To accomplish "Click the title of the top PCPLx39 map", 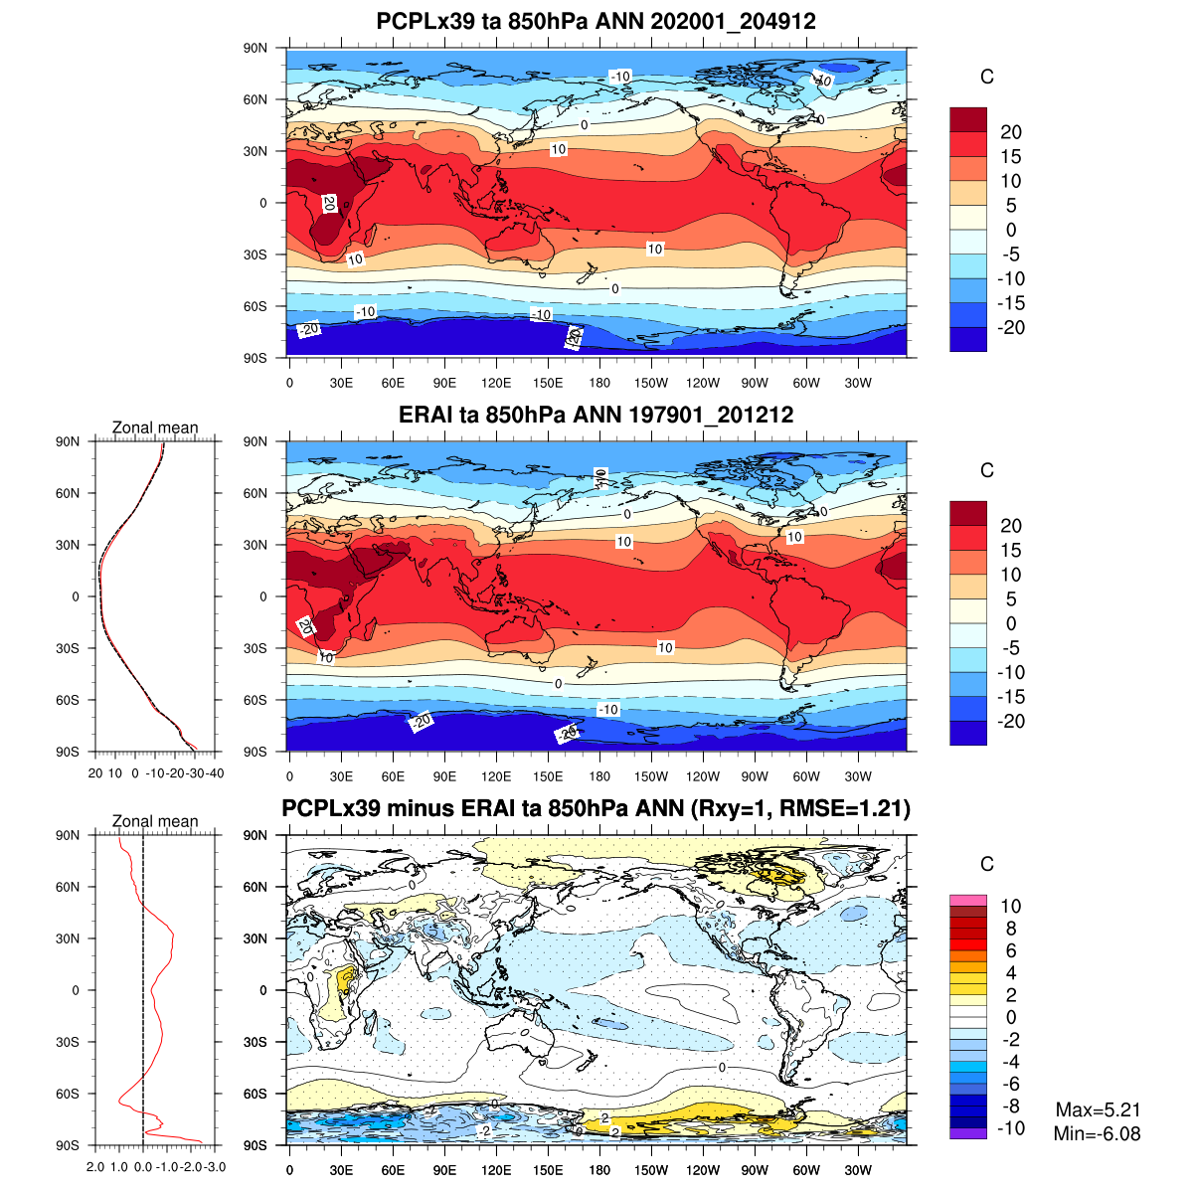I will pyautogui.click(x=596, y=21).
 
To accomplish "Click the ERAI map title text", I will pyautogui.click(x=596, y=415).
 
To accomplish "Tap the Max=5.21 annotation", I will pyautogui.click(x=1098, y=1110).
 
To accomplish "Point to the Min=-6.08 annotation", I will pyautogui.click(x=1097, y=1134).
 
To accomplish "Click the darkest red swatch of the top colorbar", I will pyautogui.click(x=968, y=119).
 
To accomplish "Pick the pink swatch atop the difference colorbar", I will pyautogui.click(x=968, y=900).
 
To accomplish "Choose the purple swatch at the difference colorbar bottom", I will pyautogui.click(x=968, y=1133).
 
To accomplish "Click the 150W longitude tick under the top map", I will pyautogui.click(x=651, y=384).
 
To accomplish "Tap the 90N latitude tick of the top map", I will pyautogui.click(x=256, y=48).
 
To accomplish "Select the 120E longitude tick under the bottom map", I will pyautogui.click(x=496, y=1171).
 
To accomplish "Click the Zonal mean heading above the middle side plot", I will pyautogui.click(x=155, y=428).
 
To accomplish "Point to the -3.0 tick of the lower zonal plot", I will pyautogui.click(x=215, y=1167).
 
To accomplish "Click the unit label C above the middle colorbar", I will pyautogui.click(x=987, y=471).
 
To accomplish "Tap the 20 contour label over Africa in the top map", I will pyautogui.click(x=329, y=204).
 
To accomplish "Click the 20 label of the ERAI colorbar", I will pyautogui.click(x=1011, y=526).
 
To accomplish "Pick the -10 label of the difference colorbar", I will pyautogui.click(x=1011, y=1128).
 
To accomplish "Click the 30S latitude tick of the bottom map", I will pyautogui.click(x=256, y=1042).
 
